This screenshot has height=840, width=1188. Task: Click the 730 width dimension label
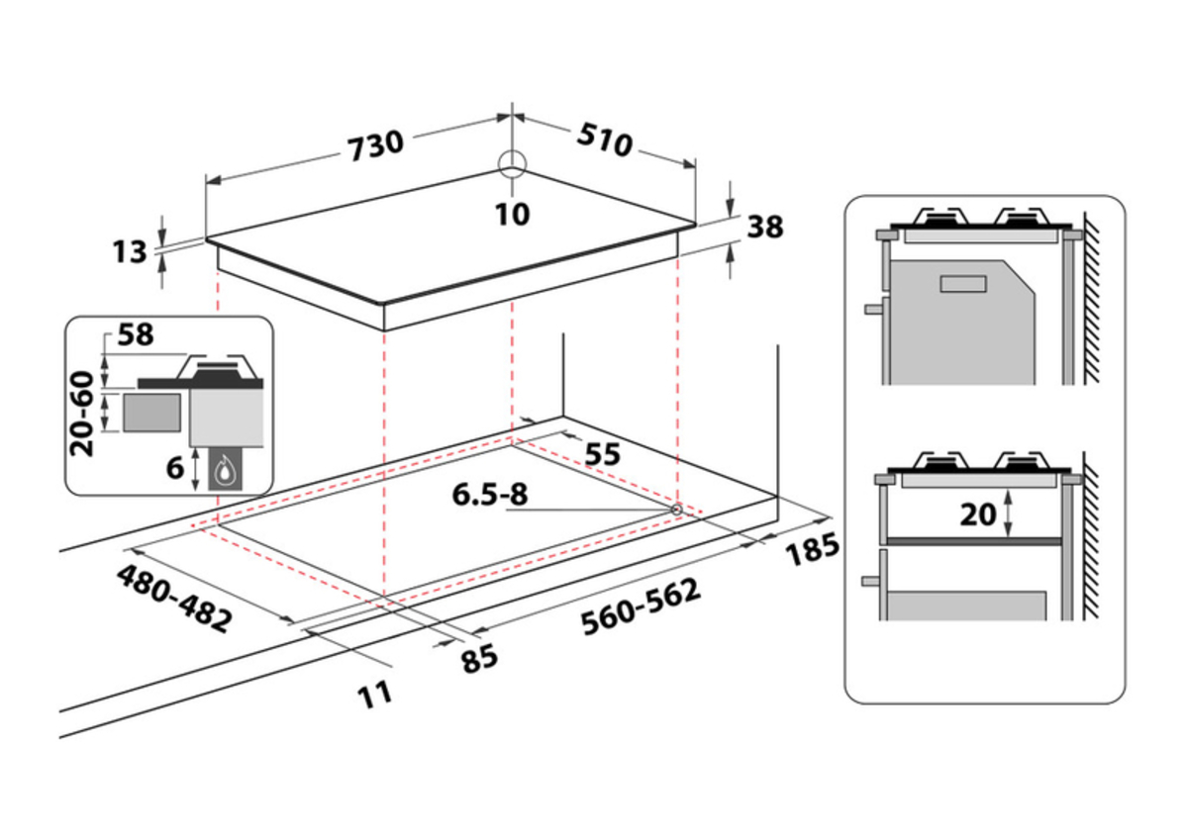[375, 145]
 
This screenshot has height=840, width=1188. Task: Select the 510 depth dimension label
[605, 140]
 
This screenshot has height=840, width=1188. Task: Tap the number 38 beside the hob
[764, 227]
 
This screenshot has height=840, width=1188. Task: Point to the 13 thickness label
[130, 251]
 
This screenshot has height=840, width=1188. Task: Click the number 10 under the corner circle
[513, 215]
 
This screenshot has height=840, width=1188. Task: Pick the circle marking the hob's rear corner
[512, 164]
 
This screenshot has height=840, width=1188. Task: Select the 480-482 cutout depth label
[174, 599]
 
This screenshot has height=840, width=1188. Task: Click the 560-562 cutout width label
[642, 607]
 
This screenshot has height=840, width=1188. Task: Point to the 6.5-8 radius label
[489, 495]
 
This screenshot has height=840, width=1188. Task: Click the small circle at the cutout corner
[677, 510]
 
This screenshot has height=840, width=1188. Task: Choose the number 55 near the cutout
[602, 454]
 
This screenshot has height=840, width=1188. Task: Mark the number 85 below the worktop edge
[479, 659]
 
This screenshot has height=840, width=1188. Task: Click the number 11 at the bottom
[375, 695]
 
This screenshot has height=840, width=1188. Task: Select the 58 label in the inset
[136, 335]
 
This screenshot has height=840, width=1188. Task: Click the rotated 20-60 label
[82, 414]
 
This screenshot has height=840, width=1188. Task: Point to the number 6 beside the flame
[175, 468]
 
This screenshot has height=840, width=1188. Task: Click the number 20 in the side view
[977, 514]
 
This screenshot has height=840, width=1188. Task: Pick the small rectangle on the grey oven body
[963, 284]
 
